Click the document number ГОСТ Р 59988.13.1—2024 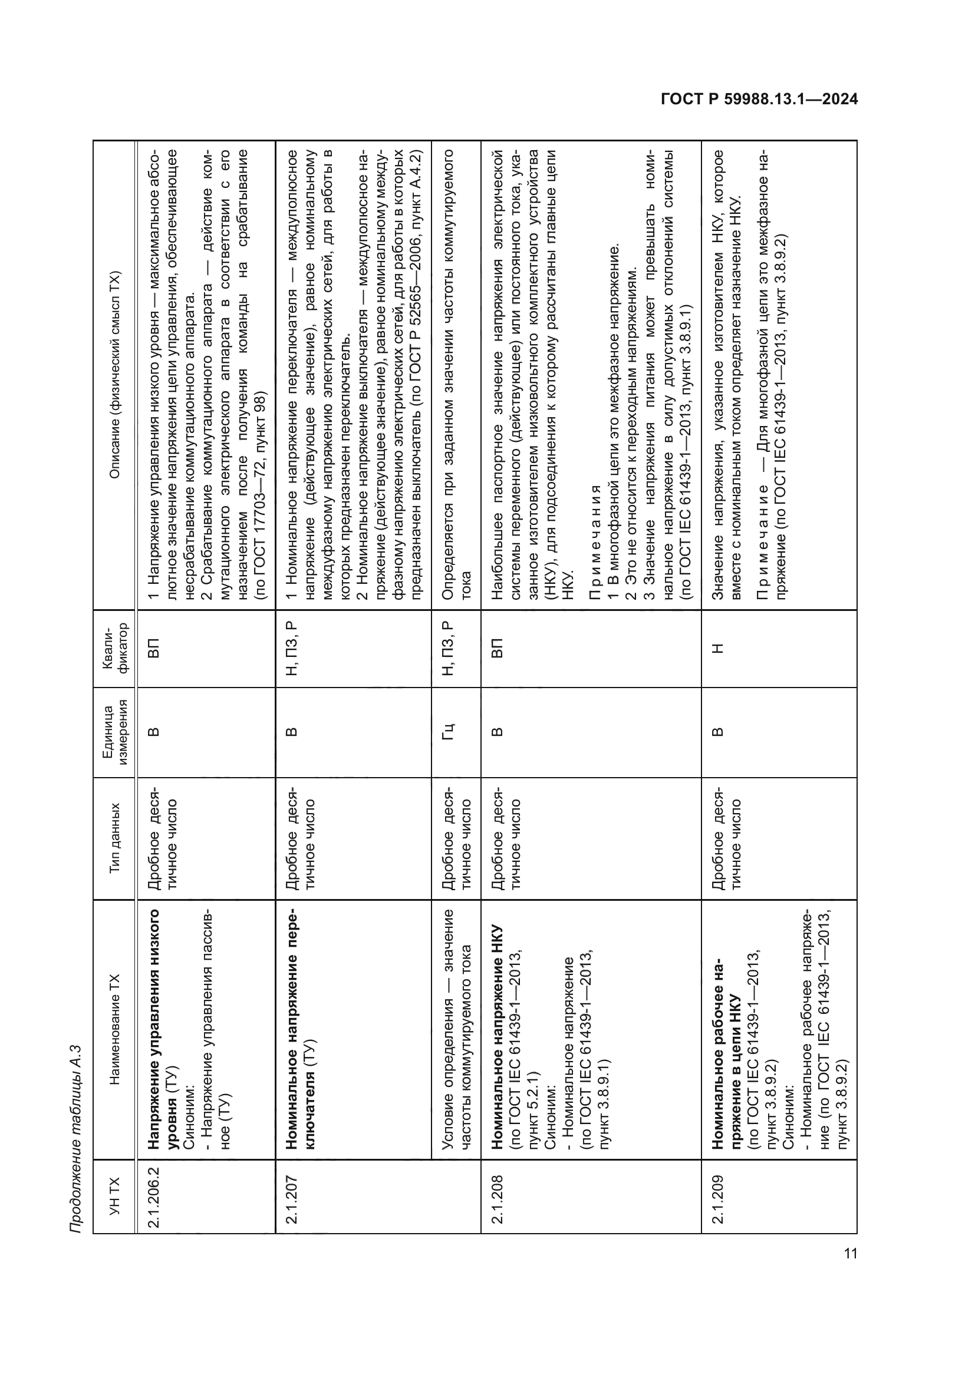(759, 100)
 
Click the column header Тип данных (115, 838)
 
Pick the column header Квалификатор (115, 649)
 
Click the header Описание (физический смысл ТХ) (115, 375)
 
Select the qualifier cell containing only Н (717, 649)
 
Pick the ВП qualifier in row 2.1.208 (497, 649)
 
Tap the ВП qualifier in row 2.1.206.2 (154, 649)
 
